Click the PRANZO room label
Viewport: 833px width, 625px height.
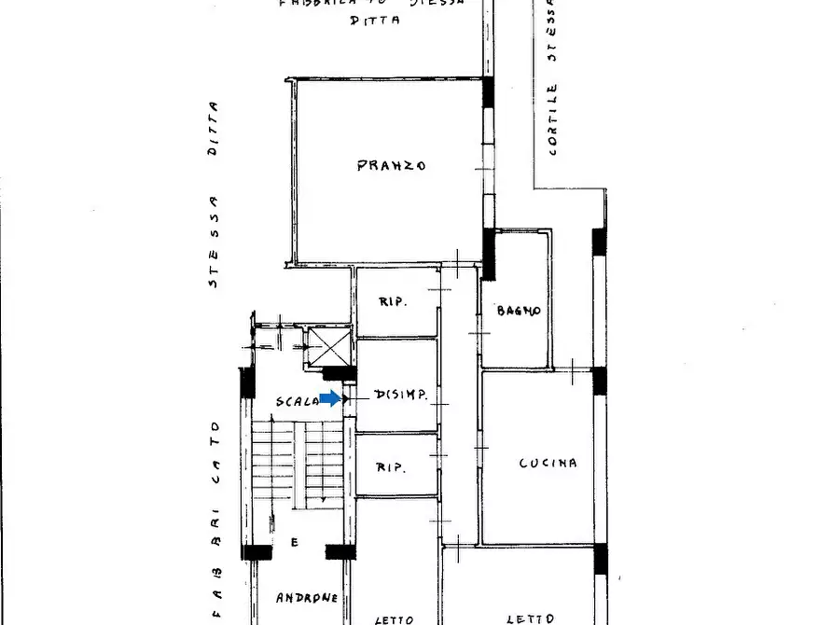[x=392, y=166]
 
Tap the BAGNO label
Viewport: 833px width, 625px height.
[x=519, y=311]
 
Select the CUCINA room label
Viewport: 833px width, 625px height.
[x=548, y=463]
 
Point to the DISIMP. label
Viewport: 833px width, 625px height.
[x=400, y=396]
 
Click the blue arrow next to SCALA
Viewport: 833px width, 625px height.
[x=330, y=398]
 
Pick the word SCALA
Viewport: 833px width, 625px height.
[x=296, y=401]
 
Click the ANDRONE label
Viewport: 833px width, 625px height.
[x=307, y=597]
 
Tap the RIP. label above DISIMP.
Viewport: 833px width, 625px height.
[x=392, y=302]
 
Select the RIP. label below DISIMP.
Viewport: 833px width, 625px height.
[x=392, y=467]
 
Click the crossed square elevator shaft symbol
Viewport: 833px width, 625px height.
[x=327, y=346]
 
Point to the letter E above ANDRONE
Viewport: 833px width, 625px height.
[x=294, y=542]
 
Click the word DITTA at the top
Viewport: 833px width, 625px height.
[x=375, y=19]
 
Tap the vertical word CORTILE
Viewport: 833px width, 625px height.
[x=553, y=119]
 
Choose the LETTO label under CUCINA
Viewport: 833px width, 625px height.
[x=531, y=618]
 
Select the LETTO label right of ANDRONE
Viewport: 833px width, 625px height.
[x=394, y=618]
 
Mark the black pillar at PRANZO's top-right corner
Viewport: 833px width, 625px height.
[x=488, y=90]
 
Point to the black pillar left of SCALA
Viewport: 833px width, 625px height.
[x=247, y=383]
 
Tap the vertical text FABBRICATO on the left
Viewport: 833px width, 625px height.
[x=215, y=522]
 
